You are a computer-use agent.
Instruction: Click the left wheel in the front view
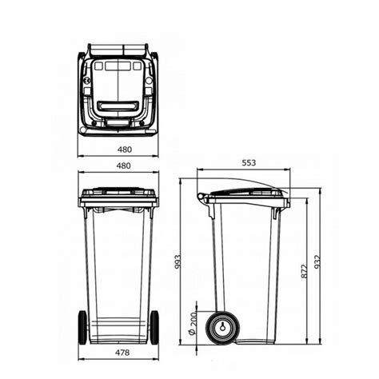82,327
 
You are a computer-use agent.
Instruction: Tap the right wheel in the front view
154,327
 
